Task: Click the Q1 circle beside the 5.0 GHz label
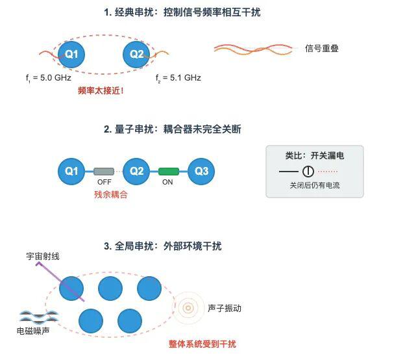71,54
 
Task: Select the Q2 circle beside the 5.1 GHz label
137,54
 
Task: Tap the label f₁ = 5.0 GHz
48,78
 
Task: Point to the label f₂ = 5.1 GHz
178,78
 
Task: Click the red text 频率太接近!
100,91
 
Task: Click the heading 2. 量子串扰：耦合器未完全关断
172,129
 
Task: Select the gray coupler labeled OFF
104,172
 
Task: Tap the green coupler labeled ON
169,172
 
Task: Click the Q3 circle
202,172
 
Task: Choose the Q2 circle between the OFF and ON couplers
136,172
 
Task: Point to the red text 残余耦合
110,194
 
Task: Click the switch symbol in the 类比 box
308,172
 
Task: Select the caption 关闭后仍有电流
315,186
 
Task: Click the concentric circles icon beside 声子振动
188,308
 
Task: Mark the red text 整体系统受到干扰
202,344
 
